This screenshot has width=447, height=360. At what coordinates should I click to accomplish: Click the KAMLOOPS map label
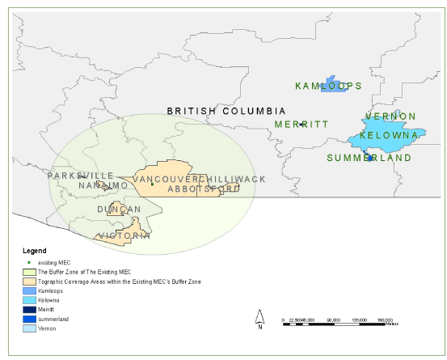pos(328,85)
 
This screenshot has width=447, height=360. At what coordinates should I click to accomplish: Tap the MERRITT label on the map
pos(301,124)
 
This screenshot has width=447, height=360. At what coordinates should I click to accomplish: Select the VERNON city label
pos(390,116)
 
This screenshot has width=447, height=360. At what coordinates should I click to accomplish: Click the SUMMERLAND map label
pos(369,158)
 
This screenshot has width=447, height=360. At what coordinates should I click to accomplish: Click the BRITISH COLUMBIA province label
pos(226,110)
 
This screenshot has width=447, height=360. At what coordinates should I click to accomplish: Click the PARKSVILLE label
pos(80,176)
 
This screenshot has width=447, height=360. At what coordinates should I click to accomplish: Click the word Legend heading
pos(35,250)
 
